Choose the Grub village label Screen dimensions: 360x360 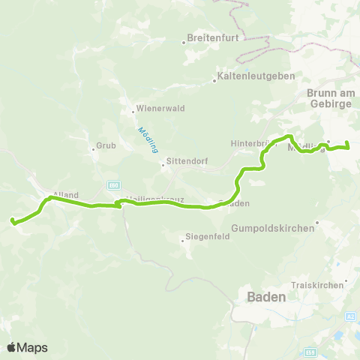[103, 146]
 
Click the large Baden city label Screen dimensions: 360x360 [266, 297]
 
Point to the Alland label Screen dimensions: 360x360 [66, 195]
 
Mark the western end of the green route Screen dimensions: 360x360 [13, 220]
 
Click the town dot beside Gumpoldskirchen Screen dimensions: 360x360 [318, 221]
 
